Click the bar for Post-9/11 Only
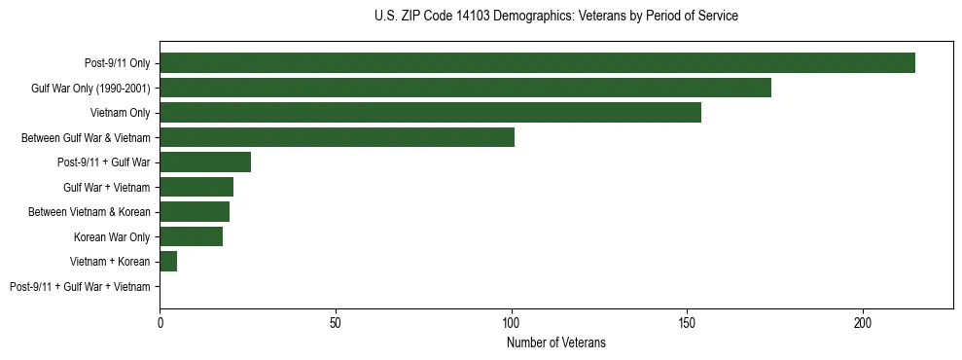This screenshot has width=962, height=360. (537, 62)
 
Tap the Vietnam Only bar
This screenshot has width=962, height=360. (430, 112)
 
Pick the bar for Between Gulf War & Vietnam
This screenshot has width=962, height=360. (337, 137)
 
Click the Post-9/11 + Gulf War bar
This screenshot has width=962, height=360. (205, 162)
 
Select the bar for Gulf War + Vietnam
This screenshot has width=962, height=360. (196, 187)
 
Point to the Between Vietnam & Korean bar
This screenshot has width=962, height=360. (195, 212)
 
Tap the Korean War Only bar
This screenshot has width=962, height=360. (191, 236)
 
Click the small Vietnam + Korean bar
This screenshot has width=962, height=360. (168, 262)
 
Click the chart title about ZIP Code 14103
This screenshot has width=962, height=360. (555, 17)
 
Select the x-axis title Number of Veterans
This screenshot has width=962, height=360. (555, 342)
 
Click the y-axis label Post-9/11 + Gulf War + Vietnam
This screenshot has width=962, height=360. (80, 287)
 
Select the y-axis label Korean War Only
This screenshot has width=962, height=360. (112, 237)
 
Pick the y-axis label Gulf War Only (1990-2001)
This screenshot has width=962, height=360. (90, 88)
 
